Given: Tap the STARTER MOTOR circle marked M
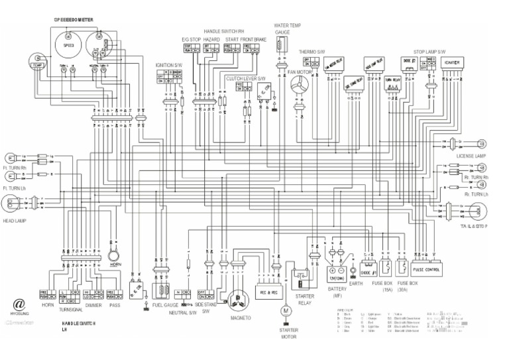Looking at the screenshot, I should [286, 310].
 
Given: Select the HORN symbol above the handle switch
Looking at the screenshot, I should [114, 254].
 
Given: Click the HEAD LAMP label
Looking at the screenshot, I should [15, 221].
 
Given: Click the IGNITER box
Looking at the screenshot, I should [453, 62].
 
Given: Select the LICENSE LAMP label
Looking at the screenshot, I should [472, 157].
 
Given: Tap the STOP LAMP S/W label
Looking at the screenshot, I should [428, 50].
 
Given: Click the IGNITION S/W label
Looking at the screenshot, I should [168, 65].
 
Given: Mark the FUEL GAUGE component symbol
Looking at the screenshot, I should [162, 291].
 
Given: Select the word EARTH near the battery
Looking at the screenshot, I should [356, 284].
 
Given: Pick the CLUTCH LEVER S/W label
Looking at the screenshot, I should [245, 78].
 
